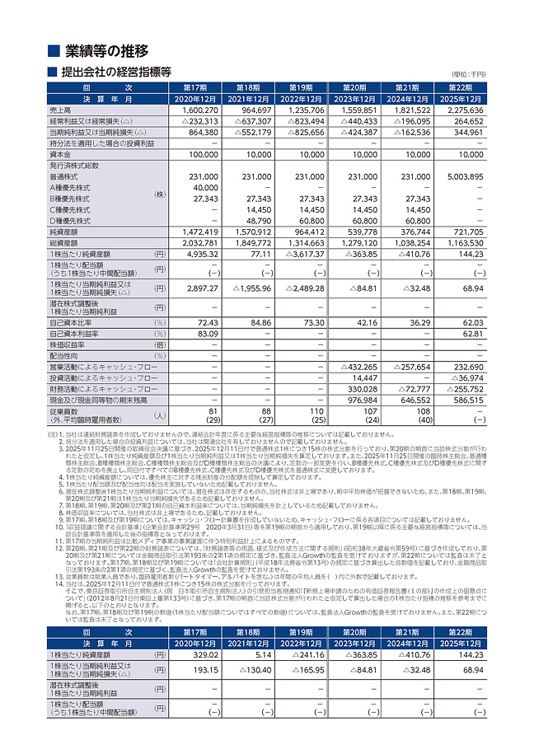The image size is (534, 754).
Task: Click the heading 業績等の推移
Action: [107, 50]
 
